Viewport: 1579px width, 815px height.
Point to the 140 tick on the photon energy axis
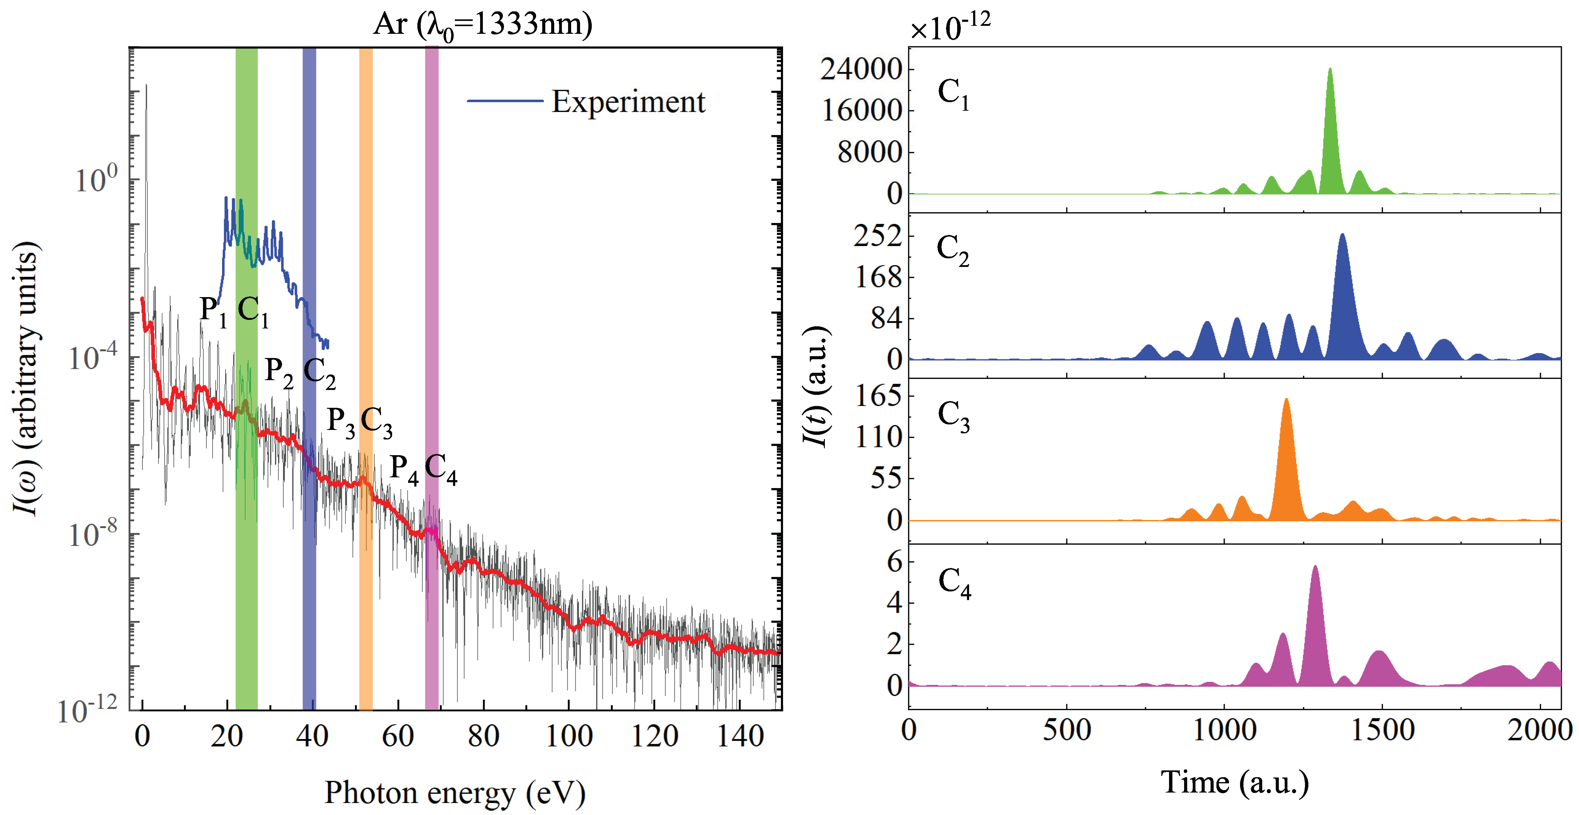tap(740, 735)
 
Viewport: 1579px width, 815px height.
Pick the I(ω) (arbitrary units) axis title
tap(26, 379)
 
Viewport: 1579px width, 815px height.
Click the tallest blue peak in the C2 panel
tap(1342, 236)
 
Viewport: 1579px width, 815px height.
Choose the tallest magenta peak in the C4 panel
tap(1315, 568)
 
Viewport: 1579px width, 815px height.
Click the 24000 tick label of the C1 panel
tap(861, 69)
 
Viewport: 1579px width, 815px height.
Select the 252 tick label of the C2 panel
tap(878, 236)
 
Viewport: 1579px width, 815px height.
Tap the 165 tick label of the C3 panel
tap(878, 396)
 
